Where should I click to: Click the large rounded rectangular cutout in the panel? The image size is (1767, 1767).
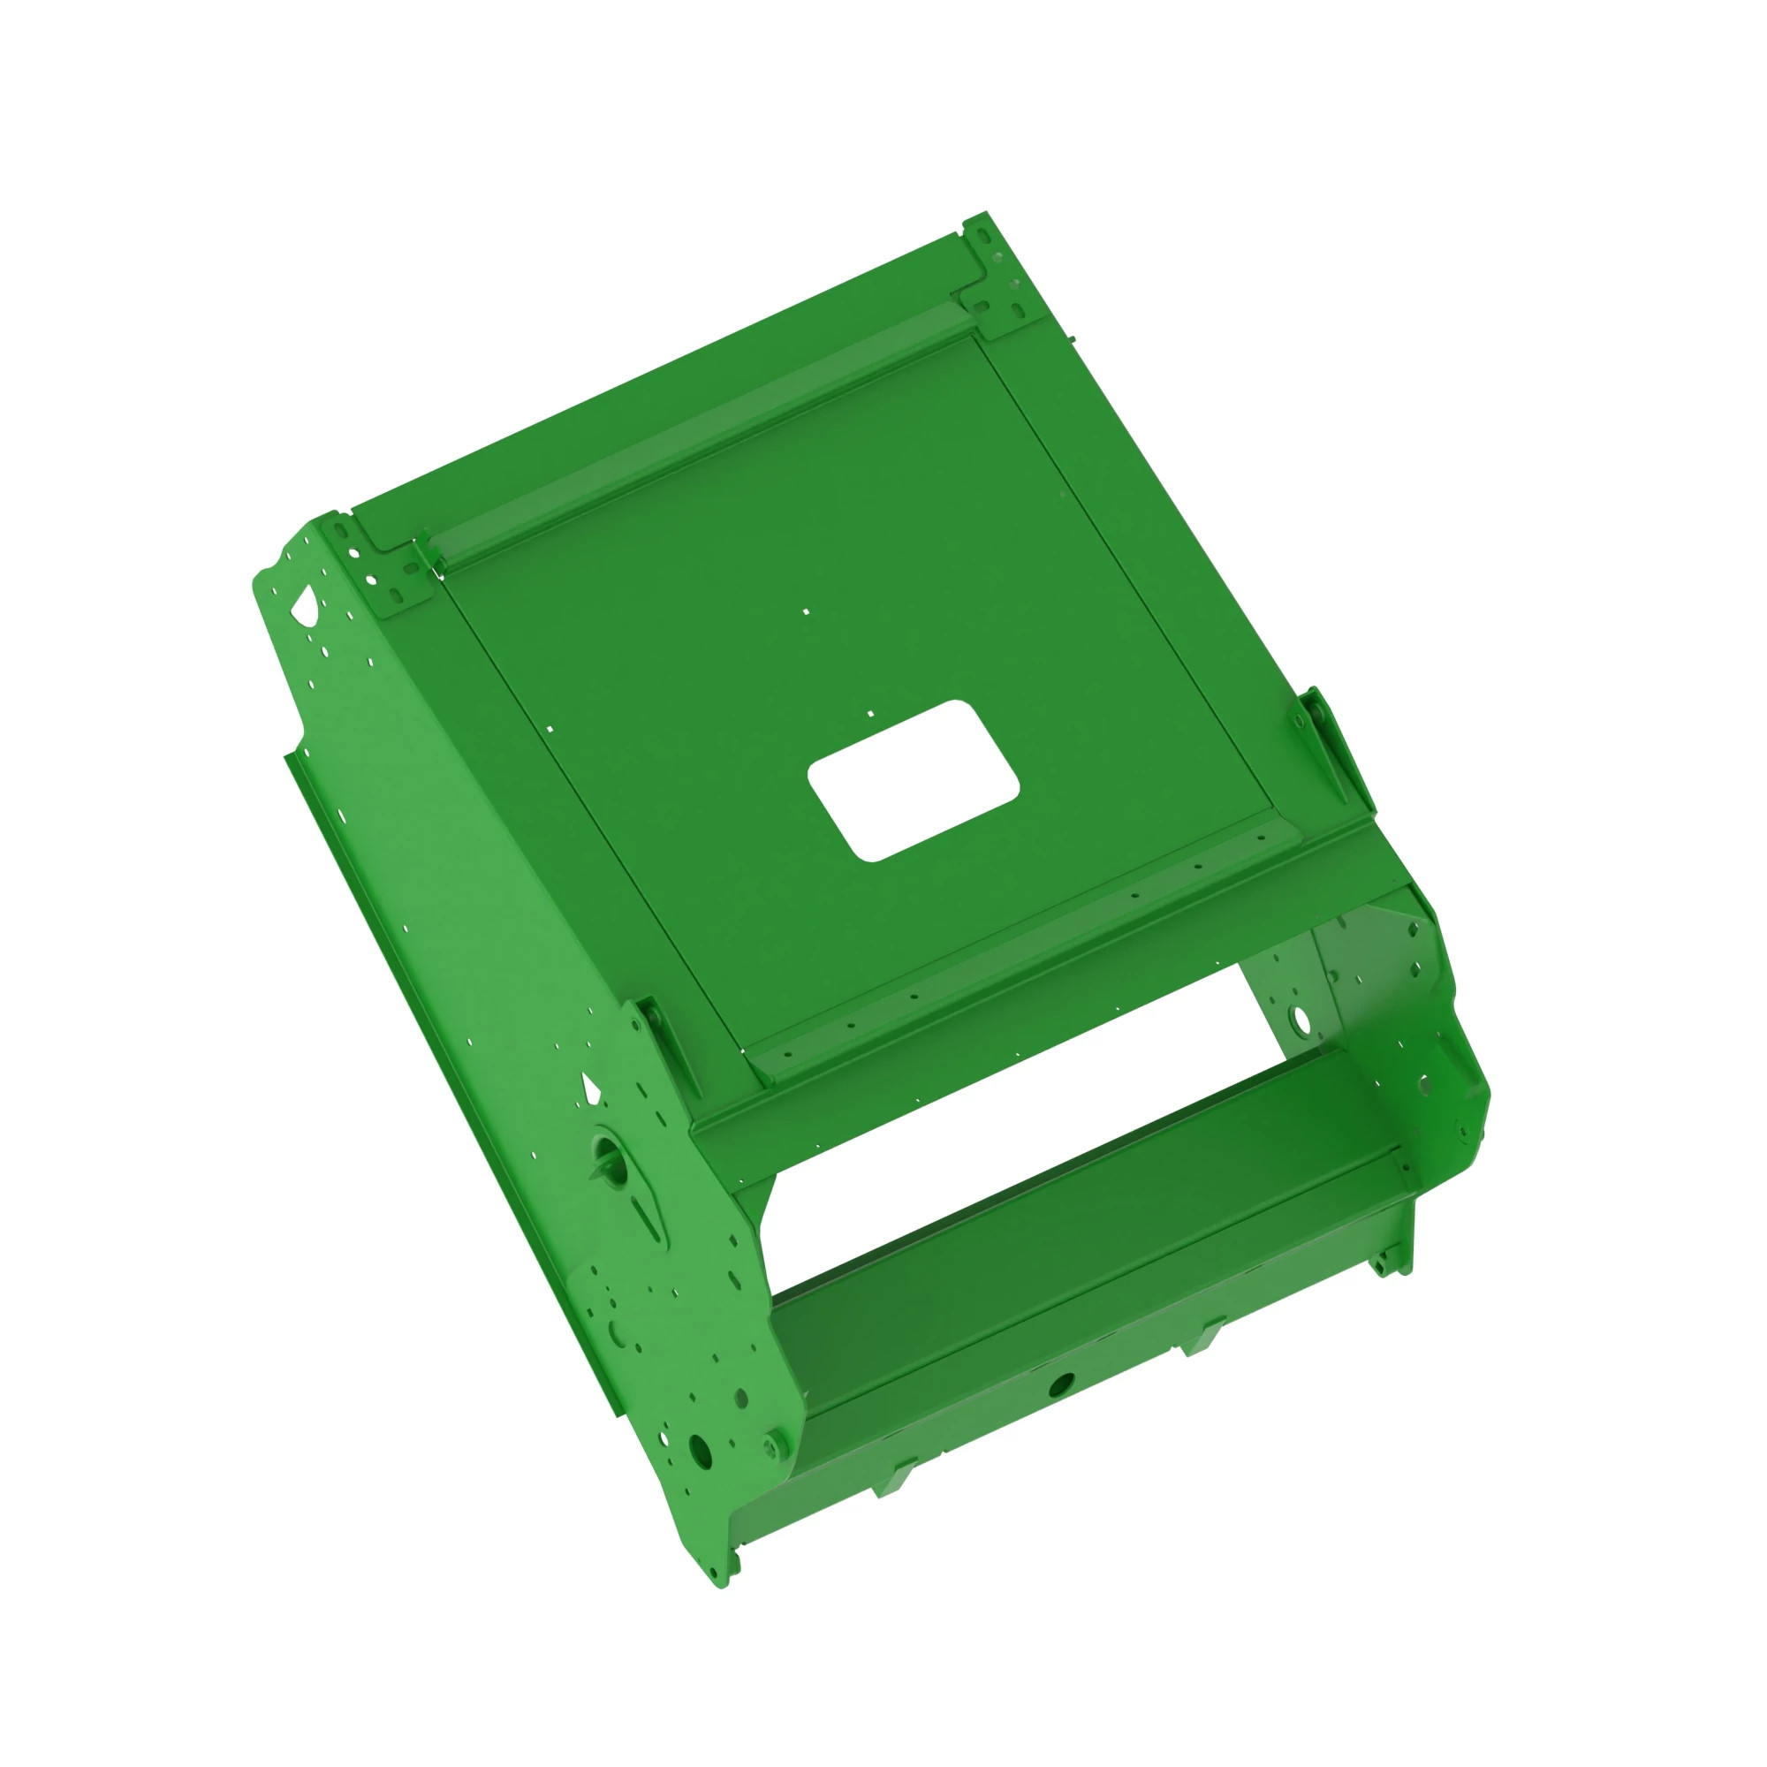(x=913, y=780)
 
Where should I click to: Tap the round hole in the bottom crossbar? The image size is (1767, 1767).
(x=1060, y=1384)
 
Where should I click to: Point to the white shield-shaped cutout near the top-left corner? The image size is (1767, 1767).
(x=303, y=602)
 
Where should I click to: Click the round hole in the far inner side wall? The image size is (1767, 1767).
(x=1299, y=1018)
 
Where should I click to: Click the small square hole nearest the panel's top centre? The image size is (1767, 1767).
(x=806, y=611)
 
